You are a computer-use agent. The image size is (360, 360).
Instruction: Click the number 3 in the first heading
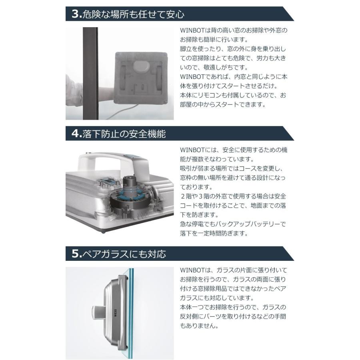(x=76, y=14)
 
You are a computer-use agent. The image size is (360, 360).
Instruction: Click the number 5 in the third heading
(x=76, y=254)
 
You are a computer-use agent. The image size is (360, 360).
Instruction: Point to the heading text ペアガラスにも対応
(x=124, y=254)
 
